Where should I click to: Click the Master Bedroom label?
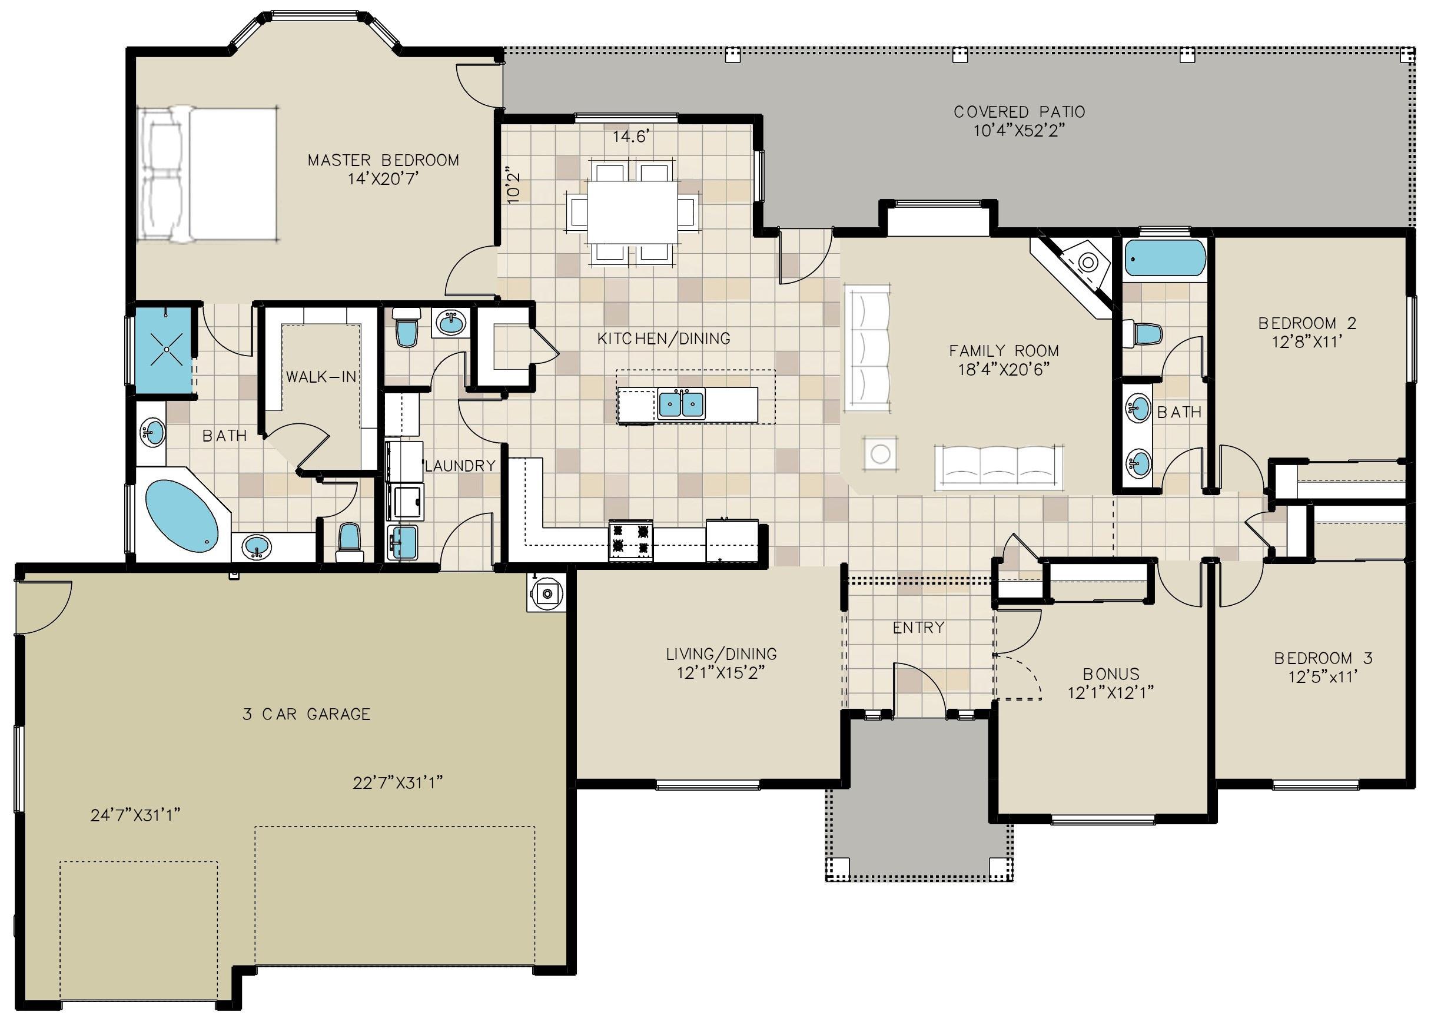pos(383,160)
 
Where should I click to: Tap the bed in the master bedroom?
pos(208,174)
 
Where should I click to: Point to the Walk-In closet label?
pos(321,377)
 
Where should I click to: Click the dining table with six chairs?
pos(633,211)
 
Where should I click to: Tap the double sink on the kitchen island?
pos(681,404)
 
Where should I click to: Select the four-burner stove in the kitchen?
pos(630,540)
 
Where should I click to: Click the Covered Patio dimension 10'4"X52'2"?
pos(1019,131)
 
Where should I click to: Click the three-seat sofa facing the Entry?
pos(999,467)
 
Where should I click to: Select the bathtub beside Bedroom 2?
pos(1165,258)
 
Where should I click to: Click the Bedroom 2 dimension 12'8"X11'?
pos(1307,342)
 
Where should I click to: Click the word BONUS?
pos(1111,674)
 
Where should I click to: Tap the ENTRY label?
pos(919,628)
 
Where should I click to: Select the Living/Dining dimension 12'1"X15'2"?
pos(721,673)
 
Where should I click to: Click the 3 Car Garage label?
pos(307,714)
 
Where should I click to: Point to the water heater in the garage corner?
pos(546,593)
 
